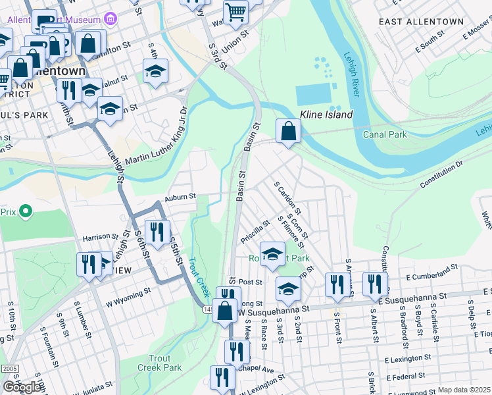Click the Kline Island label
pyautogui.click(x=327, y=115)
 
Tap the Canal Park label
pyautogui.click(x=385, y=134)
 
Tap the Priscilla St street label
pyautogui.click(x=255, y=232)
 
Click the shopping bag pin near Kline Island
pyautogui.click(x=288, y=131)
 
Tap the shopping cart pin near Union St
pyautogui.click(x=235, y=11)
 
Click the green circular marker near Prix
pyautogui.click(x=26, y=211)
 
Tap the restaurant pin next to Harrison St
pyautogui.click(x=157, y=232)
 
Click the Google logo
pyautogui.click(x=22, y=387)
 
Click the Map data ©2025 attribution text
pyautogui.click(x=464, y=390)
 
